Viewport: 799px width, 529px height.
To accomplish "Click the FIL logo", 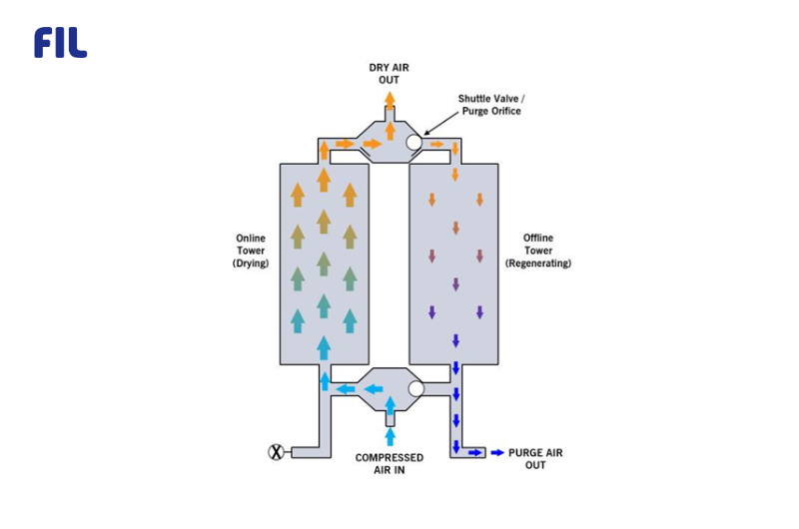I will coord(60,42).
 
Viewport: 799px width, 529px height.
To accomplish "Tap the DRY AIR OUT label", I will coord(390,73).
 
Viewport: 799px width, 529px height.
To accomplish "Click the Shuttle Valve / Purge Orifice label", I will coord(489,104).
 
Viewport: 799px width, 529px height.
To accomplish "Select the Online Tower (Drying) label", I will coord(250,251).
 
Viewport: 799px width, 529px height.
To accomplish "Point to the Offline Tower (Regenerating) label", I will coord(538,251).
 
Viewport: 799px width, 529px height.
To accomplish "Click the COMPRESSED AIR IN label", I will coord(390,463).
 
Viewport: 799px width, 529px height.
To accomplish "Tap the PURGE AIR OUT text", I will coord(535,459).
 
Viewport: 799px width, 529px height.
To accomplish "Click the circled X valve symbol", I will coord(277,452).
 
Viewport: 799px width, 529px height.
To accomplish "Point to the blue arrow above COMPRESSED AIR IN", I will coord(390,434).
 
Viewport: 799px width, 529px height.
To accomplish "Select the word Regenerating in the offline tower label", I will coord(538,264).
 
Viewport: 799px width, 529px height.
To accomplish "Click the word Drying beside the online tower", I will coord(250,264).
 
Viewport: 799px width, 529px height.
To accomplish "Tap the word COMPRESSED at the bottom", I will coord(390,457).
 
